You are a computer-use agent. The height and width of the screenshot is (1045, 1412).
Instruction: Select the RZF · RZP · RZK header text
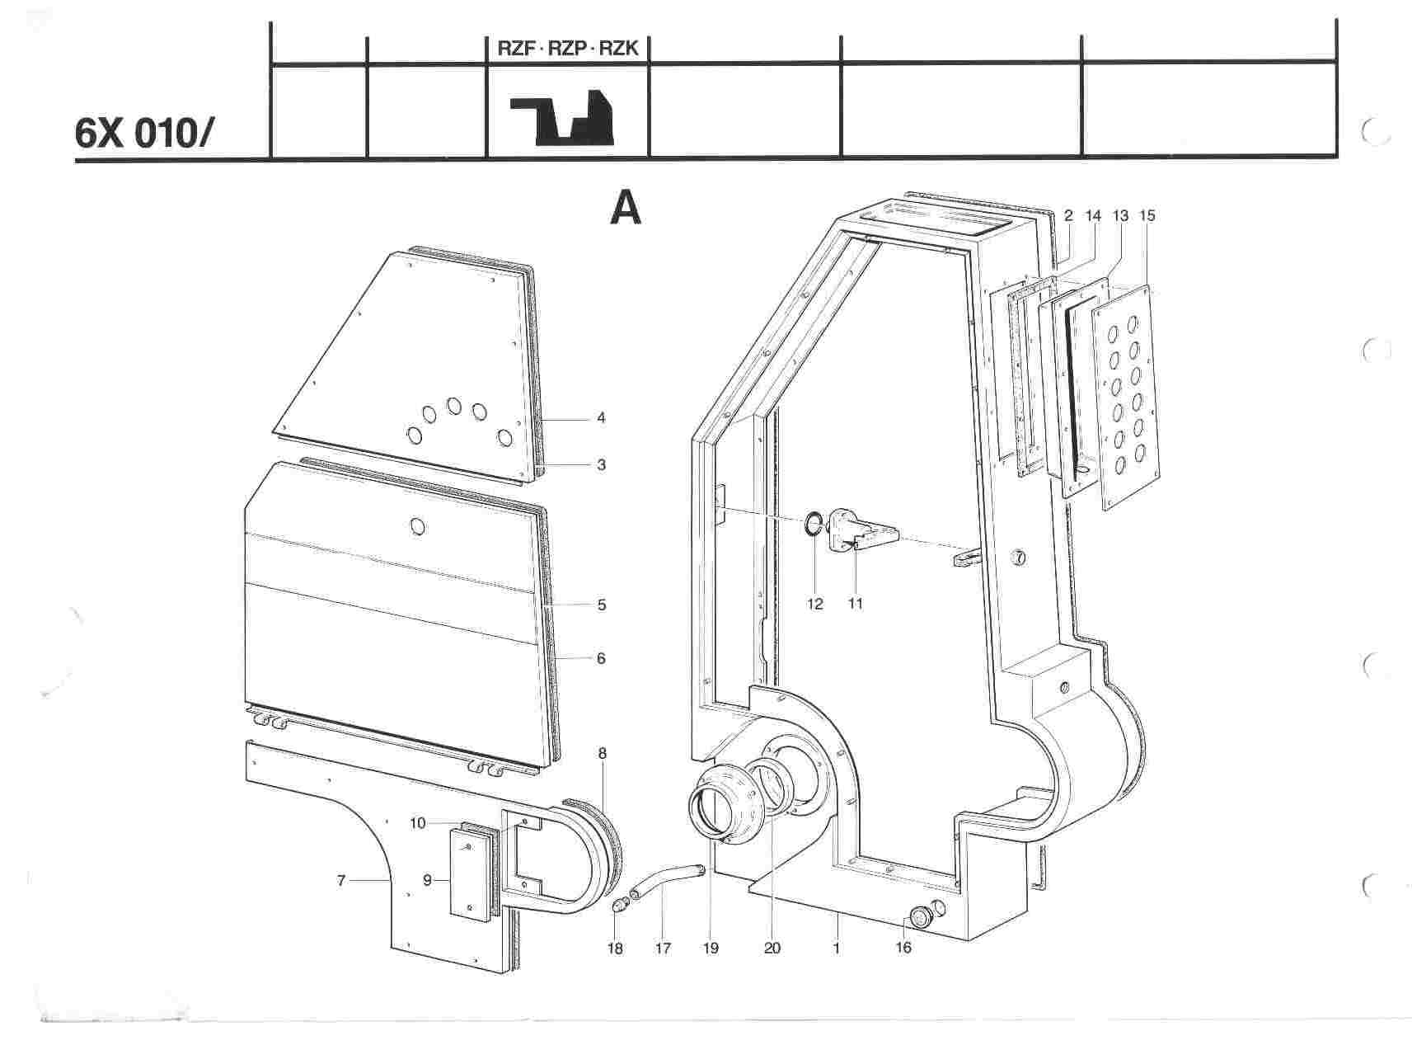point(568,49)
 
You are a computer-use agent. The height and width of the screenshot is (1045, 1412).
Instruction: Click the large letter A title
point(626,208)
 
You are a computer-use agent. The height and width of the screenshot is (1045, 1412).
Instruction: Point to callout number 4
point(601,418)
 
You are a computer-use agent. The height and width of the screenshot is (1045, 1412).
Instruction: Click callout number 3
point(601,464)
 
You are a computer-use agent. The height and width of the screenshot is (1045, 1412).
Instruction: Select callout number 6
point(601,658)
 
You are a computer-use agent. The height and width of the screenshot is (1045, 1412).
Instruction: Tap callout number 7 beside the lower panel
point(341,881)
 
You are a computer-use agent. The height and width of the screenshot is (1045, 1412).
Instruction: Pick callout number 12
point(814,604)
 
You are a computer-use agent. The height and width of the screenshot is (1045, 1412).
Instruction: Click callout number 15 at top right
point(1147,215)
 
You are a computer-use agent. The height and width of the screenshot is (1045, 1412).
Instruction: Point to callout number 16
point(903,948)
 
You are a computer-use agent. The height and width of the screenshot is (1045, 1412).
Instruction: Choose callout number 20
point(772,948)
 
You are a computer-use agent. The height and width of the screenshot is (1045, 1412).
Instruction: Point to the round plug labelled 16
point(920,917)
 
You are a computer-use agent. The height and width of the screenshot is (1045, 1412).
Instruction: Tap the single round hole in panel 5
point(418,525)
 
